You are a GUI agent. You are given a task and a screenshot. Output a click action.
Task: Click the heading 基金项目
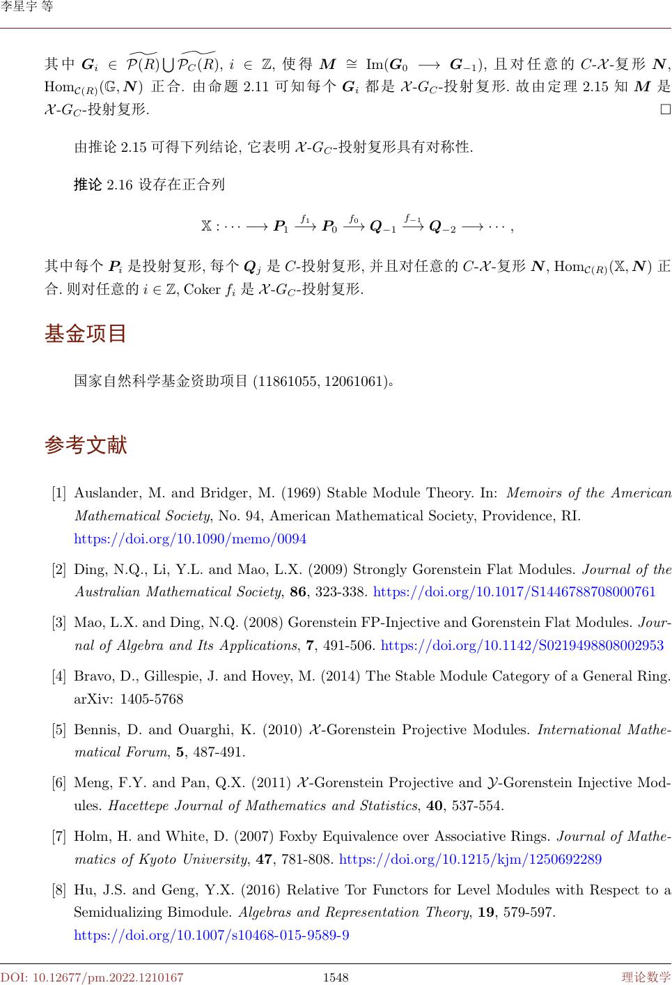[x=86, y=334]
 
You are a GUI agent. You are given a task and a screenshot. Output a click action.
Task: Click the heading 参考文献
[x=86, y=444]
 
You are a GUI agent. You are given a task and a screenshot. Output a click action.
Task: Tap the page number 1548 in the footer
[x=336, y=977]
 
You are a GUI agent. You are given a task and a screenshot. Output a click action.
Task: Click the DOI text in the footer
[x=92, y=977]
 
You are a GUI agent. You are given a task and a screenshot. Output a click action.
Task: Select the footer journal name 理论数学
[x=646, y=977]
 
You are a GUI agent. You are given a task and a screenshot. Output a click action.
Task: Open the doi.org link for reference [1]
[x=190, y=539]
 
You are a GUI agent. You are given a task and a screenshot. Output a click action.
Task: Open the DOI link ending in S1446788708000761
[x=515, y=592]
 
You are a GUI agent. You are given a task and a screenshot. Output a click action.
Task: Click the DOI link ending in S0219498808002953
[x=522, y=645]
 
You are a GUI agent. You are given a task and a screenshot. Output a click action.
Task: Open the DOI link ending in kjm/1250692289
[x=470, y=859]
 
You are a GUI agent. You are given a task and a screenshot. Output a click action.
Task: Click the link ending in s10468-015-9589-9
[x=212, y=935]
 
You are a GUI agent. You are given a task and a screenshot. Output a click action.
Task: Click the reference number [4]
[x=59, y=676]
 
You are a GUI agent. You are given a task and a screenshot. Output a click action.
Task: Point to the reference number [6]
[x=59, y=783]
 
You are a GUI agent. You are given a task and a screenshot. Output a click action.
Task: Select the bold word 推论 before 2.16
[x=88, y=185]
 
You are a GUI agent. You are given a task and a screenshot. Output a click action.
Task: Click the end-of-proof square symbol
[x=666, y=110]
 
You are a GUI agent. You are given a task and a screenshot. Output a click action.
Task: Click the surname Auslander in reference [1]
[x=108, y=493]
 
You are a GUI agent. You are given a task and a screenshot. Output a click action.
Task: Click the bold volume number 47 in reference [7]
[x=264, y=859]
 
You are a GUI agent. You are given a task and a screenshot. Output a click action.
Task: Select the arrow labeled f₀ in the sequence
[x=354, y=225]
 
